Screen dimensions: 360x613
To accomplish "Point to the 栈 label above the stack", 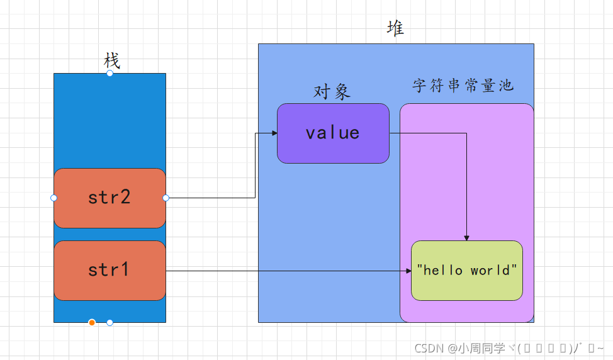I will coord(111,61).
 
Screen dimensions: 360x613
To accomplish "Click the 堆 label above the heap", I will coord(395,29).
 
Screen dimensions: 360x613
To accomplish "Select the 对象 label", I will coord(332,92).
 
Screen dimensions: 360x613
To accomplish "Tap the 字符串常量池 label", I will coord(463,86).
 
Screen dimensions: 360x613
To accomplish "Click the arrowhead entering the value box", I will coord(274,133).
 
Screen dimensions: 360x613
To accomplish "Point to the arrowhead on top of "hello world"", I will coord(466,238).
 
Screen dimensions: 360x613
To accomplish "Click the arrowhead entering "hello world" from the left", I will coord(408,271).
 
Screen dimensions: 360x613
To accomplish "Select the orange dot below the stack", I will coord(92,323).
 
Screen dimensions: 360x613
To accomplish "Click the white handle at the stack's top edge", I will coord(110,73).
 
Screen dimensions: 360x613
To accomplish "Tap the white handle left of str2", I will coord(53,198).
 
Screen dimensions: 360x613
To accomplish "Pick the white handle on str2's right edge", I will coord(166,198).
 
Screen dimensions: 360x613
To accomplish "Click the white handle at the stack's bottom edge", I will coord(110,323).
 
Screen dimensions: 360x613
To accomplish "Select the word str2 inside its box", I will coord(109,197).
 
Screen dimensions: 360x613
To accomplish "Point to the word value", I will coord(332,133).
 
